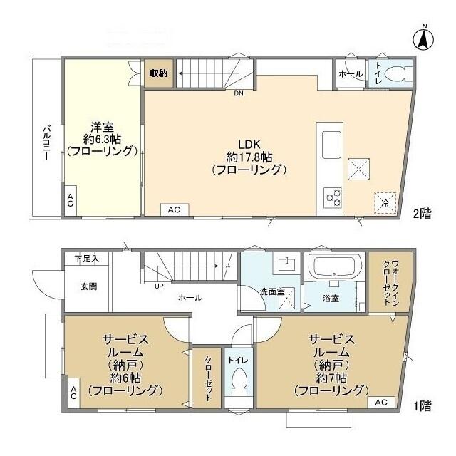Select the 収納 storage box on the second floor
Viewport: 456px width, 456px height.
pyautogui.click(x=159, y=73)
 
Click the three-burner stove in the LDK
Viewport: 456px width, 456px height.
pyautogui.click(x=333, y=196)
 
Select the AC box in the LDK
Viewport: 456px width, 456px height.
pyautogui.click(x=174, y=209)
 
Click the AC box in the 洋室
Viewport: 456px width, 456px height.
pyautogui.click(x=70, y=202)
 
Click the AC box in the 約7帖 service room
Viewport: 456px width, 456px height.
pyautogui.click(x=380, y=403)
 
